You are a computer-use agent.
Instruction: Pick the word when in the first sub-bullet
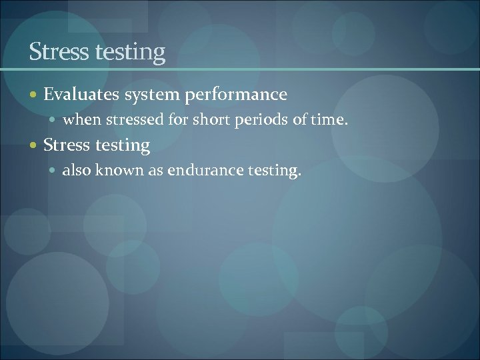[79, 121]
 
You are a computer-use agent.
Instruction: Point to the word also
[76, 171]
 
